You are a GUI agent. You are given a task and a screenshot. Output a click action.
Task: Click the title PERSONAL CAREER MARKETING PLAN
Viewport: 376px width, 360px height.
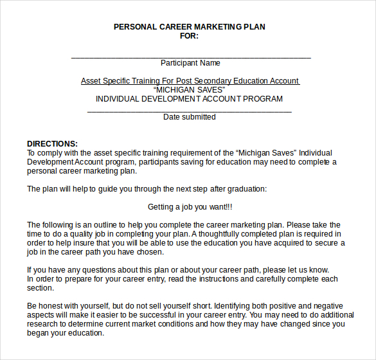(189, 27)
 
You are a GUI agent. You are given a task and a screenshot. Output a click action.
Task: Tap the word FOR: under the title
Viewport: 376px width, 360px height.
(189, 36)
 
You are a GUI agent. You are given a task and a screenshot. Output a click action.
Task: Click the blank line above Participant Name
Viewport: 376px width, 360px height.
(190, 57)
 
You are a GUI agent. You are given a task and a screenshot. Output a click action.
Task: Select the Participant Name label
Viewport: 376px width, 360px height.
(190, 63)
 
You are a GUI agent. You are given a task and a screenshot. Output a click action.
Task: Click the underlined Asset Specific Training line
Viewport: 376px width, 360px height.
(190, 81)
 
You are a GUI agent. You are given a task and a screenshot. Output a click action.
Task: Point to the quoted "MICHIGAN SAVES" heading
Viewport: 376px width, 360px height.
(190, 90)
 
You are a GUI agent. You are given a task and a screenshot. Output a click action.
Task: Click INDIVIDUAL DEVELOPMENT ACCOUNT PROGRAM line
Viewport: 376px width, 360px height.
(189, 99)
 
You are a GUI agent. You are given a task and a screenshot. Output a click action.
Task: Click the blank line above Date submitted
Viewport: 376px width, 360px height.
(189, 111)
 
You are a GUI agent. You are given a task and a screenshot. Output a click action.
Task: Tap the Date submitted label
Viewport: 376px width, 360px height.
(189, 117)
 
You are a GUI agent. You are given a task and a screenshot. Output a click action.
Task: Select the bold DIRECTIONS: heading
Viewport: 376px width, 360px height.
(52, 143)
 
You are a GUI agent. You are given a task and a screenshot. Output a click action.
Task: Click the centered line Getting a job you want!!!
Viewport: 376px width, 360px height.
(190, 207)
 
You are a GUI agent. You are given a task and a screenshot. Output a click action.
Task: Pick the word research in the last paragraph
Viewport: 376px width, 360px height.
(43, 324)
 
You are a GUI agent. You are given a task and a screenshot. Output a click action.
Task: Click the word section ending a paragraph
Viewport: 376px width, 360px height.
(40, 288)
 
